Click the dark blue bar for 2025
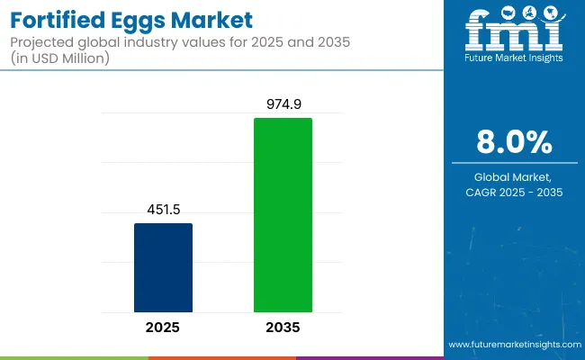[163, 267]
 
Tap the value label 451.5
[163, 210]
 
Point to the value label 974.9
[283, 104]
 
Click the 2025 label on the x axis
[163, 328]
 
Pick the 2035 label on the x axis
[283, 328]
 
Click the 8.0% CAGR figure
[515, 142]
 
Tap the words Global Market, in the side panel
[515, 176]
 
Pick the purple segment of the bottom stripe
[369, 357]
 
